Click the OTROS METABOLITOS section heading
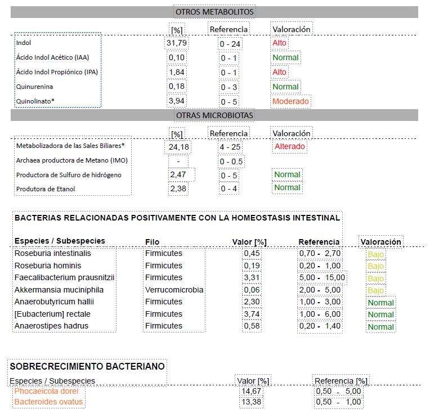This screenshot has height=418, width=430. point(214,12)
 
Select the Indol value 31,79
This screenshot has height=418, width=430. point(177,43)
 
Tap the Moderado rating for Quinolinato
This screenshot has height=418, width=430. point(290,101)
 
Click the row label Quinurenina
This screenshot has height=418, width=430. point(32,87)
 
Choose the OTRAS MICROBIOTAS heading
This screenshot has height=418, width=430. point(214,115)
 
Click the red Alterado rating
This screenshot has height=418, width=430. point(289,147)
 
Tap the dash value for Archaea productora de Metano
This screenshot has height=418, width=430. point(178,161)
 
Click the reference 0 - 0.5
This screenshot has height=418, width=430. point(232,161)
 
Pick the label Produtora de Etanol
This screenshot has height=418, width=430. point(46,188)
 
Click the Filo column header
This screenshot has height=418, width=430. point(152,242)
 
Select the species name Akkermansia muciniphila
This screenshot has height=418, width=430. point(59,290)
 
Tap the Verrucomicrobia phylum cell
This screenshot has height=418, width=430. point(174,290)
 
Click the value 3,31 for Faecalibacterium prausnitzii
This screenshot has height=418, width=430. point(251,277)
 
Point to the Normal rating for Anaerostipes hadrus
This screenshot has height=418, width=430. point(380,327)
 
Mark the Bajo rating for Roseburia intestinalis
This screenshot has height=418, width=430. point(375,254)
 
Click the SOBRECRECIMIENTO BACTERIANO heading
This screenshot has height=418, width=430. point(88,366)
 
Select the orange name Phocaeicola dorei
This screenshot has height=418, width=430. point(46,391)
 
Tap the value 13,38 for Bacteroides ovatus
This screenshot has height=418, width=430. point(251,402)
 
